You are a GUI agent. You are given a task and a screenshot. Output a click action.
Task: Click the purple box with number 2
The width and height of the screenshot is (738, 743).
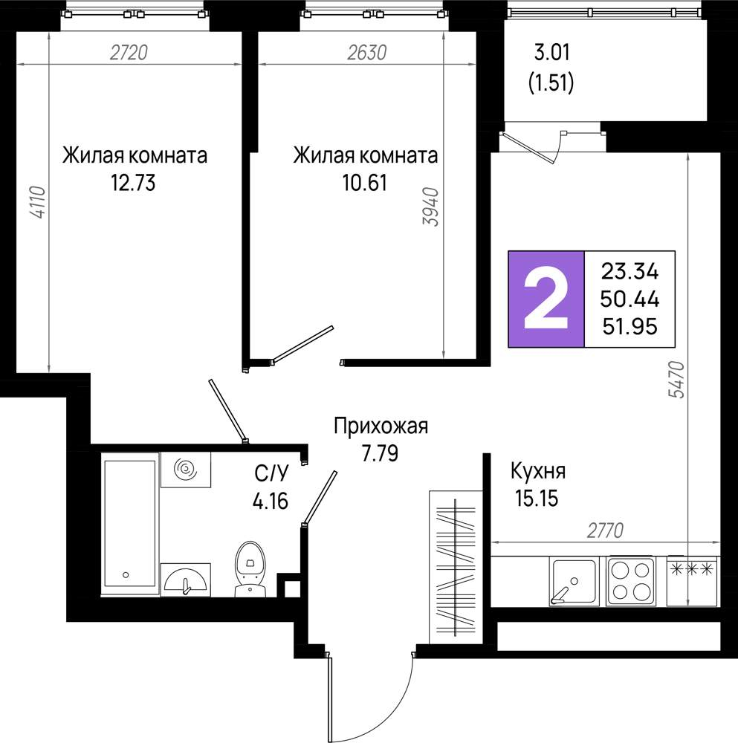(546, 299)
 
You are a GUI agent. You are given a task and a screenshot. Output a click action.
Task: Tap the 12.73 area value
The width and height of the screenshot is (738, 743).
(133, 183)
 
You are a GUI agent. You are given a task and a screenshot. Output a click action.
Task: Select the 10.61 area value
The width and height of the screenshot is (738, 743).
(364, 183)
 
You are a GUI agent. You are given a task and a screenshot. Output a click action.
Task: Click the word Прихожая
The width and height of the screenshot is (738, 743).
(381, 426)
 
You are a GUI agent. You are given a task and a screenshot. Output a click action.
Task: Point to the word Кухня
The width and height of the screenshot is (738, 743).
(538, 472)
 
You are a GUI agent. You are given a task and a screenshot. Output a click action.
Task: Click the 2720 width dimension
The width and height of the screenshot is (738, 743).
(129, 52)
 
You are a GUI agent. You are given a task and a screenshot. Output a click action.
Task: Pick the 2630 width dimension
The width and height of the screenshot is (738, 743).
(367, 52)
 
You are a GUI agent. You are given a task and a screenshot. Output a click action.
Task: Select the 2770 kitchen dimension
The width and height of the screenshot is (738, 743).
(605, 531)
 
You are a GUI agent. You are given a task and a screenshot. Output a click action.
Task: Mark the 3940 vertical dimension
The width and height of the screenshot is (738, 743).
(431, 207)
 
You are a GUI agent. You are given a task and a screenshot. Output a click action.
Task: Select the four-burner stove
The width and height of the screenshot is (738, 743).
(631, 581)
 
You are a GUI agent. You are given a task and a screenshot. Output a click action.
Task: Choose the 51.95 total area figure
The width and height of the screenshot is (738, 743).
(630, 326)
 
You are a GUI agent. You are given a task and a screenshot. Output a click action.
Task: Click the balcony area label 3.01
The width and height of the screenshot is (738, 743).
(552, 52)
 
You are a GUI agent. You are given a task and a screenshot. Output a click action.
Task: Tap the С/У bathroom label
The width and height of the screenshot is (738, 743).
(271, 473)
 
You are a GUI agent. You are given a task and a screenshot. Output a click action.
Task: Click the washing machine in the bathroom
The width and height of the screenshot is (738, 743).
(186, 470)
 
